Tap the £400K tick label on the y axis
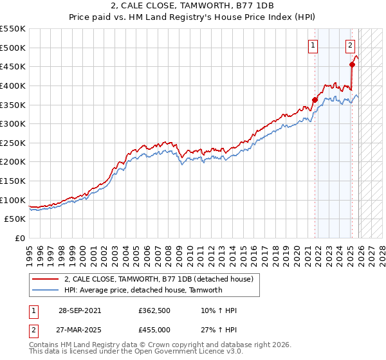pos(13,85)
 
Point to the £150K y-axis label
pos(13,181)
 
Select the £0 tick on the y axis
pos(19,238)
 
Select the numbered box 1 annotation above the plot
pos(313,45)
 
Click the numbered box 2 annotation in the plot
pos(350,45)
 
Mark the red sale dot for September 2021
pos(315,100)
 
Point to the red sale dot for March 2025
pos(352,64)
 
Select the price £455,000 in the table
pos(154,329)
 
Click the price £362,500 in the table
pos(154,310)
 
